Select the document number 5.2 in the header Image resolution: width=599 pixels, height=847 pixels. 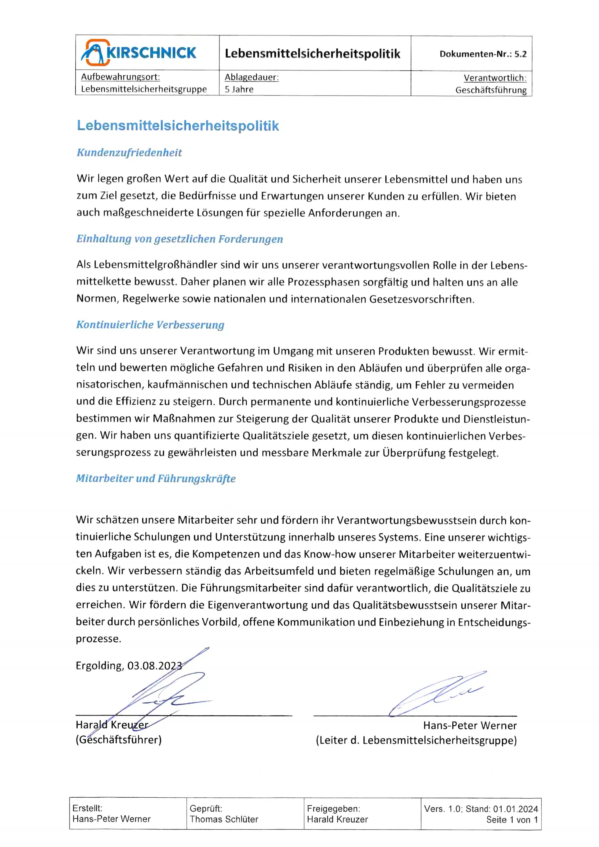tap(520, 54)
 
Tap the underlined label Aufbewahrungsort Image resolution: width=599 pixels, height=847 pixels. tap(120, 77)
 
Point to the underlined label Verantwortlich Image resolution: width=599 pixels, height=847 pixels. tap(495, 78)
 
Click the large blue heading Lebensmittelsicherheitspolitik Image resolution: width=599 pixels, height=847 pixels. tap(178, 126)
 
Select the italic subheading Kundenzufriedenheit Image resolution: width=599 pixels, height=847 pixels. tap(129, 153)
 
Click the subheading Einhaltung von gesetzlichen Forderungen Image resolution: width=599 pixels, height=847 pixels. tap(180, 239)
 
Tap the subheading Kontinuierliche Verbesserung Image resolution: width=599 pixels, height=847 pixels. tap(150, 325)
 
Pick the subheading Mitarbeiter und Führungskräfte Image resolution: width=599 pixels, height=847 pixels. tap(156, 478)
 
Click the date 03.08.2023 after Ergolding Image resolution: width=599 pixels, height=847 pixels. tap(154, 665)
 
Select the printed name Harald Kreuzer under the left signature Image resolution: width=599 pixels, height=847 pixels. tap(112, 725)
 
